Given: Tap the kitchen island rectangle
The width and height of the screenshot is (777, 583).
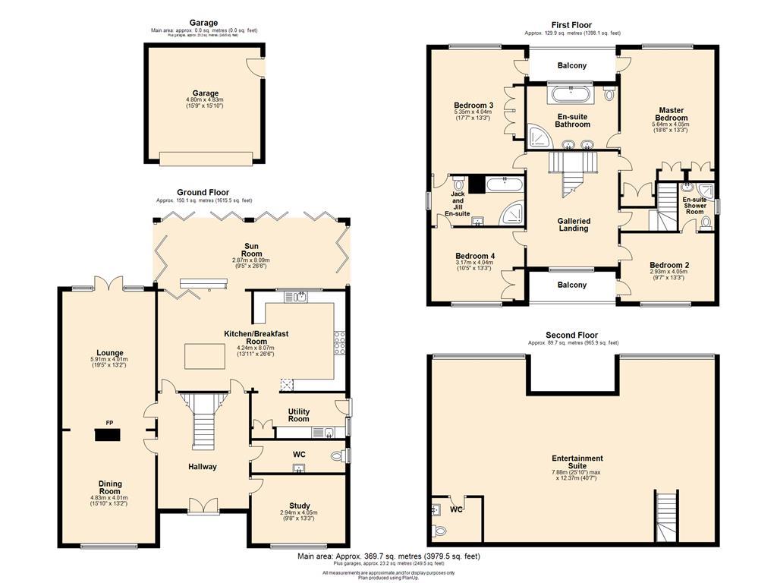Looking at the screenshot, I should tap(207, 355).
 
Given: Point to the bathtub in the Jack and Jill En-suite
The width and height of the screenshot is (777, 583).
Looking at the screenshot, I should tap(503, 183).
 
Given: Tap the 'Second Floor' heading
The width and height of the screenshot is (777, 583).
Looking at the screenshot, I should tap(571, 335).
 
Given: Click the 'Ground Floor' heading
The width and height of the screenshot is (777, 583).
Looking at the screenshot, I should tap(203, 193).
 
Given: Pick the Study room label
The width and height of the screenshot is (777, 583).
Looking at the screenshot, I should tap(299, 506).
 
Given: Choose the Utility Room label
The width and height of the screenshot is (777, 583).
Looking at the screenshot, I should tap(298, 414).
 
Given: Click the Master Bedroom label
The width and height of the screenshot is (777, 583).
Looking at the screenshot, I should tap(672, 114).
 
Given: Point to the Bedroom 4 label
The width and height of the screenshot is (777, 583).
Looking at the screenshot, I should tap(475, 257).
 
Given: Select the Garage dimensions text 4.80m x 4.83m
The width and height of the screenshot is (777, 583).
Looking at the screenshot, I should tap(204, 99).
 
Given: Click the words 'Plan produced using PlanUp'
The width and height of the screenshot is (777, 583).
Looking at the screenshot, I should tap(388, 578).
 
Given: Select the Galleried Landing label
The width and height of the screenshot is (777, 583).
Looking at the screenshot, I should tap(573, 225).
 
